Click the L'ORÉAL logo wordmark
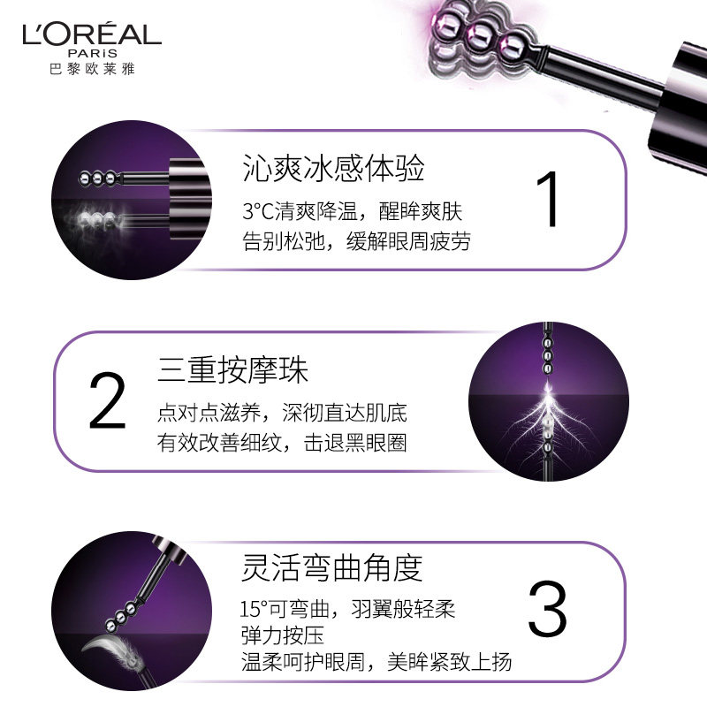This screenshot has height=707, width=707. (92, 34)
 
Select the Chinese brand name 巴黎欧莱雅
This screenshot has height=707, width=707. (92, 67)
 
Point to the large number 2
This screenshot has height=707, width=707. (108, 402)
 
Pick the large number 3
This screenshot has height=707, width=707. (547, 610)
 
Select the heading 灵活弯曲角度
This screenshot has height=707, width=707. (332, 569)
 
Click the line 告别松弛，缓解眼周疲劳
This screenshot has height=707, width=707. (356, 241)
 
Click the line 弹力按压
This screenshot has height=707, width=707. (279, 636)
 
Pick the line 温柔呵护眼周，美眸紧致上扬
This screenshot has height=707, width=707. (376, 663)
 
